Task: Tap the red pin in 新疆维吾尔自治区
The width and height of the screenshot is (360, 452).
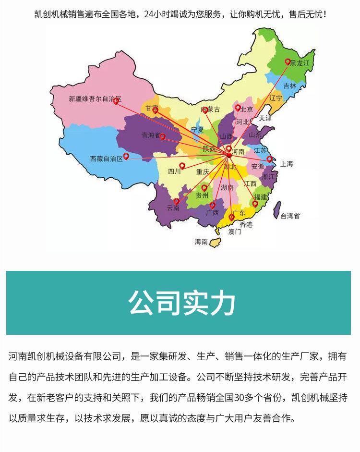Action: (116, 101)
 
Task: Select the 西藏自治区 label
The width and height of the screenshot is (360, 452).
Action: (107, 159)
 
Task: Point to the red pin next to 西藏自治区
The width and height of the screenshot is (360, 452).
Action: (126, 156)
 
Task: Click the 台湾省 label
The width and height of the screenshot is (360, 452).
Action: (290, 216)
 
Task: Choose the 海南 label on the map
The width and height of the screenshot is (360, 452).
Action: (202, 242)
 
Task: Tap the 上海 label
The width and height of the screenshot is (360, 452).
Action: (287, 164)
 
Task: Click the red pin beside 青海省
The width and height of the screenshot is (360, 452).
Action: (162, 136)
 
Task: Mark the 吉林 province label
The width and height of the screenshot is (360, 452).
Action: (289, 86)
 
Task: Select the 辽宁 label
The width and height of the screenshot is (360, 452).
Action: (276, 98)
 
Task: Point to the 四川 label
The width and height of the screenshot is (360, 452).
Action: (174, 171)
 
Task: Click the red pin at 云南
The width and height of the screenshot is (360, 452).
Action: (176, 201)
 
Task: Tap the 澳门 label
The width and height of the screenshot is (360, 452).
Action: (235, 232)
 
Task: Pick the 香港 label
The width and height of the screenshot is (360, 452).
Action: (246, 224)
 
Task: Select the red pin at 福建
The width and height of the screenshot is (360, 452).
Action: (255, 203)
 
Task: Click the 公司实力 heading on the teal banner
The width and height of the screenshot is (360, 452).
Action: (182, 303)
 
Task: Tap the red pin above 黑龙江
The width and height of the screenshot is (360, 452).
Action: (288, 61)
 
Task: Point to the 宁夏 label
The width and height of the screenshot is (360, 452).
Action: (197, 130)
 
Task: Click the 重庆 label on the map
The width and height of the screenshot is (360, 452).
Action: (203, 171)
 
